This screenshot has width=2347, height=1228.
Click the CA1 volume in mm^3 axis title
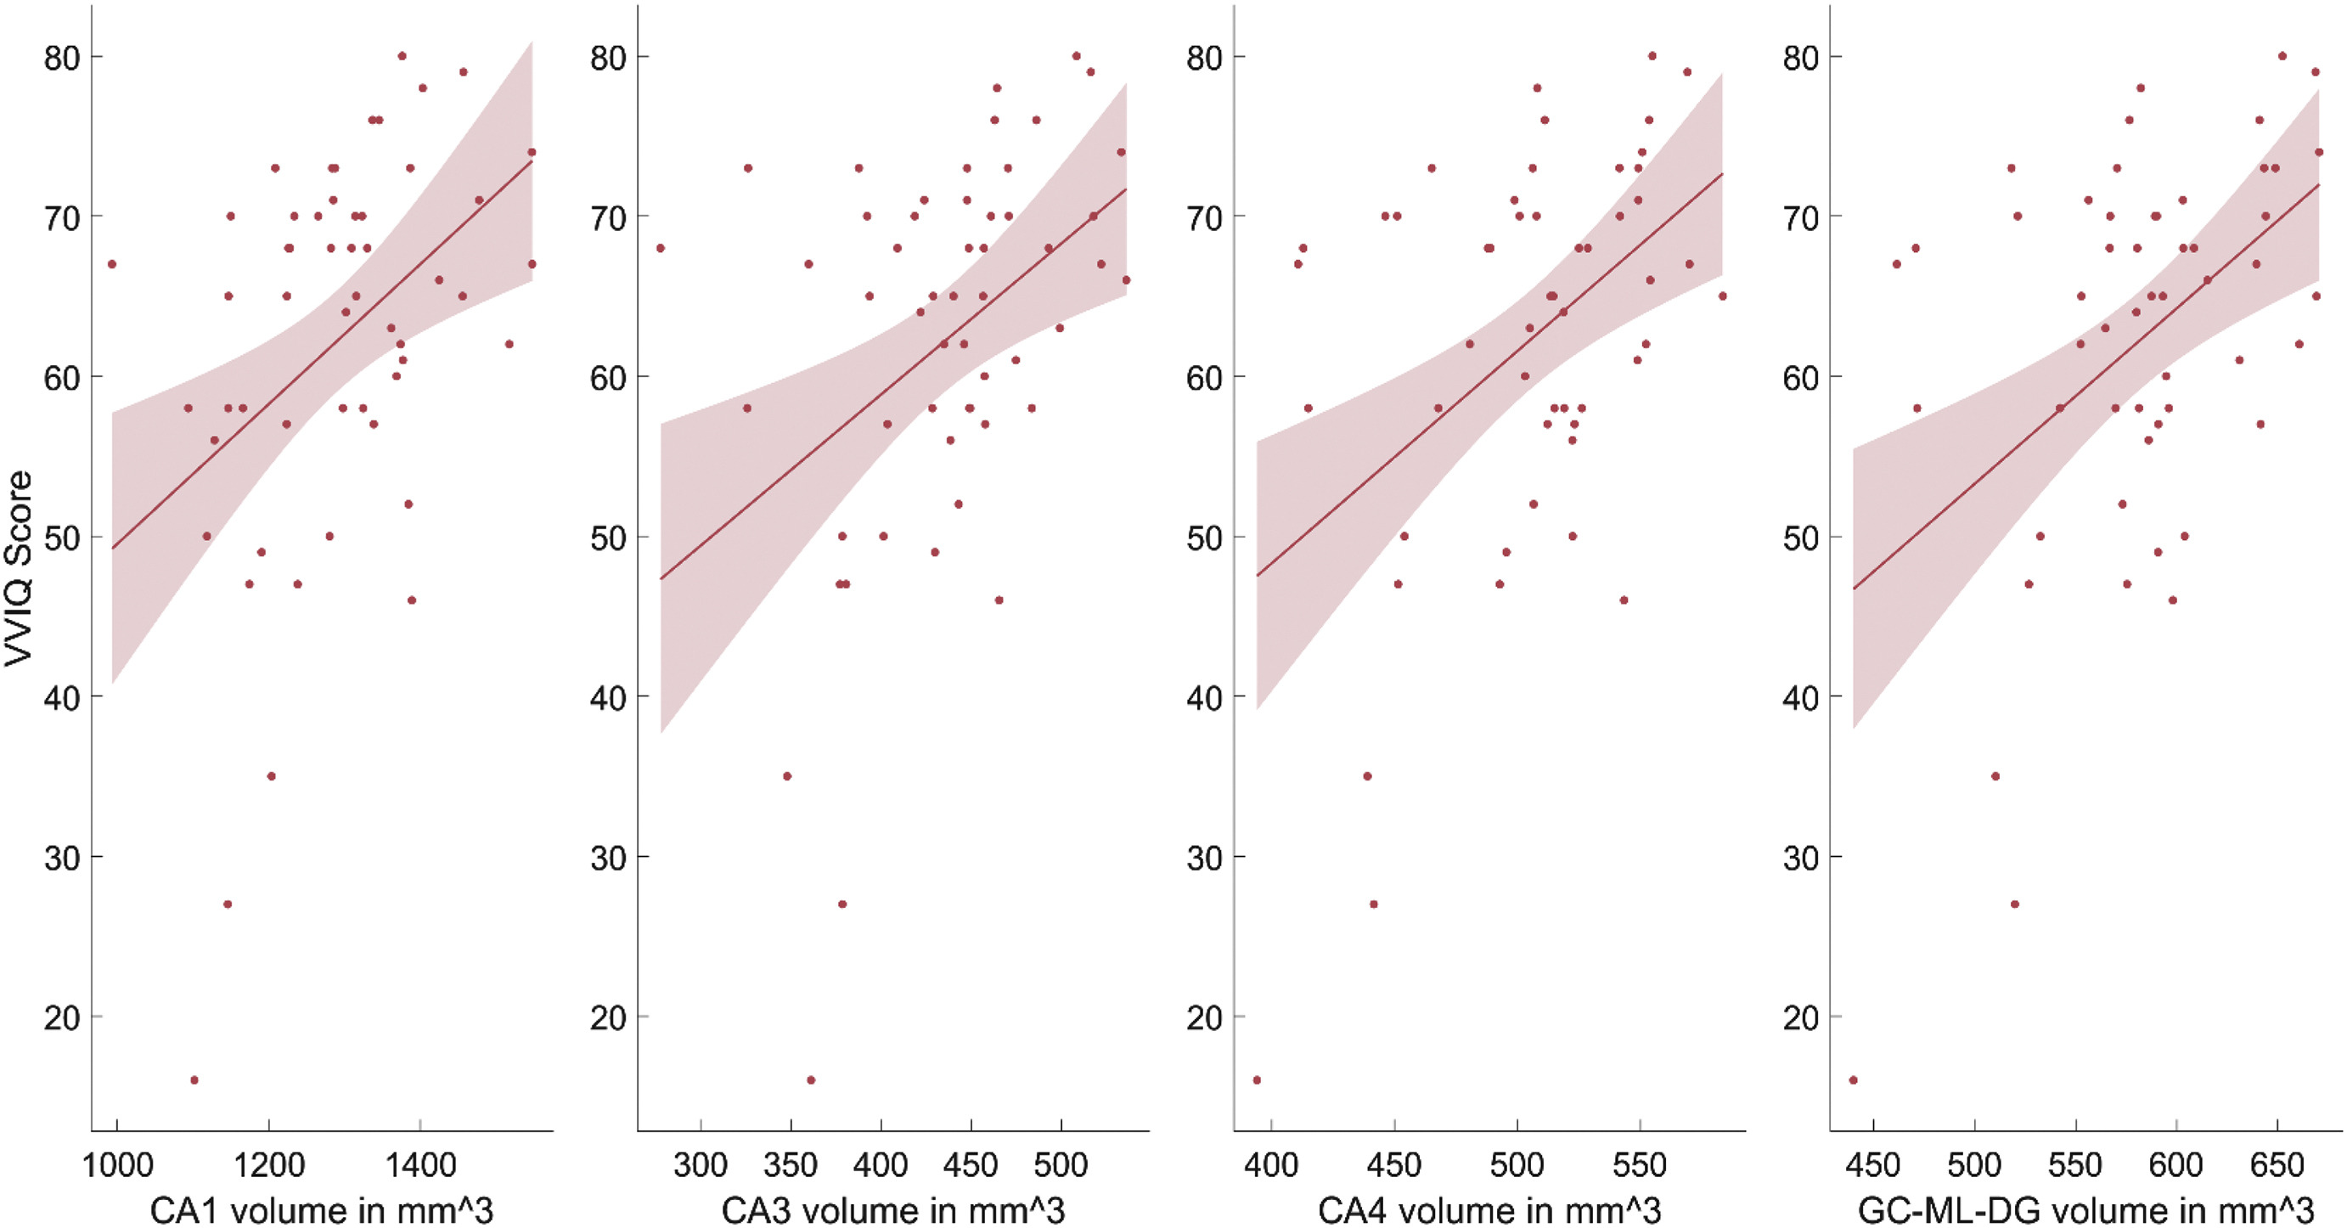tap(321, 1210)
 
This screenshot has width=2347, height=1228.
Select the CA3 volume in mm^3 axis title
tap(893, 1210)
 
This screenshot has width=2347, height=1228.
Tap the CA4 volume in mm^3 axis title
tap(1489, 1210)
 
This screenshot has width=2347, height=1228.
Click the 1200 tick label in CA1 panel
tap(269, 1165)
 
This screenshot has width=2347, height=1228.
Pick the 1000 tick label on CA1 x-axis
tap(117, 1165)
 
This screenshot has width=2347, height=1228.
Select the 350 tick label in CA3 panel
tap(790, 1165)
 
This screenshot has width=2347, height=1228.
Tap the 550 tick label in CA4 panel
tap(1639, 1165)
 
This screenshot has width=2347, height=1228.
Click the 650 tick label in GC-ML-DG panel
tap(2277, 1165)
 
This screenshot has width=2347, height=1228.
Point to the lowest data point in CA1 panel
tap(194, 1080)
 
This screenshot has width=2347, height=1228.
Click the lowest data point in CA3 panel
tap(811, 1080)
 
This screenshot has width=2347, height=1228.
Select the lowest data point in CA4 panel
tap(1257, 1080)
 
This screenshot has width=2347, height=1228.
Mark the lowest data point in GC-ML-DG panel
tap(1853, 1080)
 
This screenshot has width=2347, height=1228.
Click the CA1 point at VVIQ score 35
tap(271, 776)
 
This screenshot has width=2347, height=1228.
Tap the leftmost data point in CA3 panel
tap(661, 248)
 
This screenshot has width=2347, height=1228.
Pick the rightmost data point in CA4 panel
tap(1723, 296)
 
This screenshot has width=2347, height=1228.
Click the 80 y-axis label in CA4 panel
tap(1203, 59)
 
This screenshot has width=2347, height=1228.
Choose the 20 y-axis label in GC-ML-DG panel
tap(1800, 1017)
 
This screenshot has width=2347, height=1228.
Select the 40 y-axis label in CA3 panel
tap(608, 698)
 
